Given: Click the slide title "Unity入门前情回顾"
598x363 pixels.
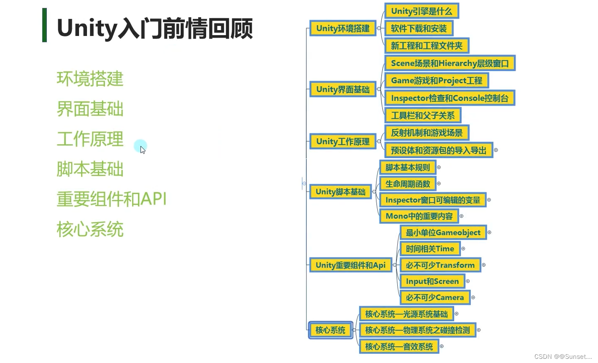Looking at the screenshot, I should pyautogui.click(x=154, y=29).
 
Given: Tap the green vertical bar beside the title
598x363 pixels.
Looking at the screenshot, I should pyautogui.click(x=44, y=25).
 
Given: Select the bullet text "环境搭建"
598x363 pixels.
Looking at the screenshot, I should pyautogui.click(x=90, y=79).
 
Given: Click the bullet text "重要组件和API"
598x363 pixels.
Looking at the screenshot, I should pyautogui.click(x=112, y=199).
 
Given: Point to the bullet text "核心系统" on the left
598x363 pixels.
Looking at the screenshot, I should pyautogui.click(x=90, y=230).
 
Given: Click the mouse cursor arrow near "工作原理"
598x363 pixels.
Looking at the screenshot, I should pyautogui.click(x=143, y=149).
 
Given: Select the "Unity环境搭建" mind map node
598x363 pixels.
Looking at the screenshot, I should pyautogui.click(x=342, y=28).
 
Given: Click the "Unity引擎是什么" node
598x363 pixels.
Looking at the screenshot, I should pyautogui.click(x=421, y=11).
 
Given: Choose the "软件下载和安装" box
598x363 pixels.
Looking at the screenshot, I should pyautogui.click(x=418, y=28).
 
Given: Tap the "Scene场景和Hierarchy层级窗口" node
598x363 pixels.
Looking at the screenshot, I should pyautogui.click(x=450, y=64).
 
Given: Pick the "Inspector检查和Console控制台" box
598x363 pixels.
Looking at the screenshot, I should pyautogui.click(x=449, y=98).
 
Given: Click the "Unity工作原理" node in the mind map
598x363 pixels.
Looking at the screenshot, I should pyautogui.click(x=342, y=142).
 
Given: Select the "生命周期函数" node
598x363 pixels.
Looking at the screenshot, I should pyautogui.click(x=407, y=184).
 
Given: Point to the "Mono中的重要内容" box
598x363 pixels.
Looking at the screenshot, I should pyautogui.click(x=419, y=216).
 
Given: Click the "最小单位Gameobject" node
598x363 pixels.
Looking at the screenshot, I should pyautogui.click(x=443, y=233).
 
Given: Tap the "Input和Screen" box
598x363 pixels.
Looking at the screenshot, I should pyautogui.click(x=432, y=281).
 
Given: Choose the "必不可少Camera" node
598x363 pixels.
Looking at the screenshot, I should pyautogui.click(x=434, y=297).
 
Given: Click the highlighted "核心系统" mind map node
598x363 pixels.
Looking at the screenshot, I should pyautogui.click(x=330, y=330).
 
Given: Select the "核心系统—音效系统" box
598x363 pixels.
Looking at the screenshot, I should pyautogui.click(x=399, y=346).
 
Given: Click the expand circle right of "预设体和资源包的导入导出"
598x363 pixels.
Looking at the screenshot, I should pyautogui.click(x=496, y=150).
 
